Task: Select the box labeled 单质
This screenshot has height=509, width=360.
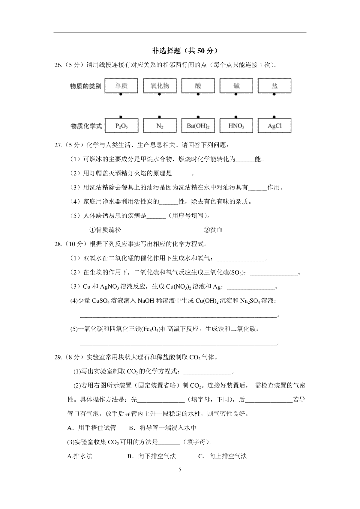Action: click(x=121, y=86)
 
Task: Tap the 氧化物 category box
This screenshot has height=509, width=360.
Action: click(x=160, y=86)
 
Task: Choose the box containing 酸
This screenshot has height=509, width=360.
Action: click(x=198, y=86)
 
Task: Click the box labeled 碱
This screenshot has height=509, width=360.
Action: click(x=236, y=86)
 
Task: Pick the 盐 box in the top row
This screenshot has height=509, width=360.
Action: click(x=274, y=86)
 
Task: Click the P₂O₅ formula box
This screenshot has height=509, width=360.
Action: click(x=121, y=126)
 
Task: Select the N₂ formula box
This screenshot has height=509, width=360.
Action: click(x=160, y=126)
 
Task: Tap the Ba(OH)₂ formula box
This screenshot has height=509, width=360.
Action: click(x=198, y=126)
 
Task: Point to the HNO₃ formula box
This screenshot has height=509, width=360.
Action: click(x=236, y=126)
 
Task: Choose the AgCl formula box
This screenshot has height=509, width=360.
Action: click(x=274, y=126)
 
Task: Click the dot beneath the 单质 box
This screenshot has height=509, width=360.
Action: click(x=121, y=94)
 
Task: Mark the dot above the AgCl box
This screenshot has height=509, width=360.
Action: click(x=274, y=117)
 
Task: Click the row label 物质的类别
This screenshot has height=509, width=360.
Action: click(x=85, y=86)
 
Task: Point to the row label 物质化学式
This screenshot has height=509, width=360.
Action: click(x=86, y=126)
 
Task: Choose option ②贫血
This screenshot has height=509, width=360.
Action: click(x=213, y=230)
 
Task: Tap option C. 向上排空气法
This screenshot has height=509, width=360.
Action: click(x=222, y=456)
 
